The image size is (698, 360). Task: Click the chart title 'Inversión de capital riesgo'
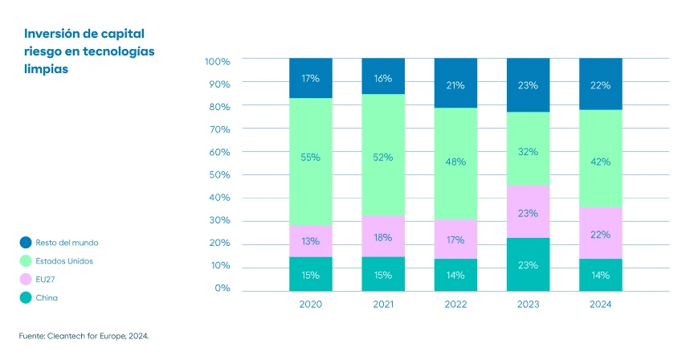pyautogui.click(x=89, y=51)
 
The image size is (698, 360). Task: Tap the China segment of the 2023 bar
pyautogui.click(x=528, y=264)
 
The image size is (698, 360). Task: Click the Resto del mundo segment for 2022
pyautogui.click(x=455, y=84)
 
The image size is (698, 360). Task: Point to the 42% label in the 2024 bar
pyautogui.click(x=600, y=162)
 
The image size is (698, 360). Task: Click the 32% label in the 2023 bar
pyautogui.click(x=528, y=151)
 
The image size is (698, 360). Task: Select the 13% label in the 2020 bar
pyautogui.click(x=311, y=241)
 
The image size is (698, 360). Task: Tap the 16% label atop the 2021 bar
pyautogui.click(x=383, y=78)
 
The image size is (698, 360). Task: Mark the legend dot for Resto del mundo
pyautogui.click(x=26, y=242)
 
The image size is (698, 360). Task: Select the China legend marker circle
pyautogui.click(x=26, y=297)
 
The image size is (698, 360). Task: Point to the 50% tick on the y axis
pyautogui.click(x=218, y=174)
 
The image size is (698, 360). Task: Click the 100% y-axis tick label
pyautogui.click(x=217, y=61)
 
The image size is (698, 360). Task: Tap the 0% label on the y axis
pyautogui.click(x=222, y=288)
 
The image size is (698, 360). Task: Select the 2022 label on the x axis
pyautogui.click(x=455, y=305)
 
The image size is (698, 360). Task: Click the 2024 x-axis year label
pyautogui.click(x=600, y=305)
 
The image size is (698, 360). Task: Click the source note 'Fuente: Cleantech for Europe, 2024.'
pyautogui.click(x=84, y=337)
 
